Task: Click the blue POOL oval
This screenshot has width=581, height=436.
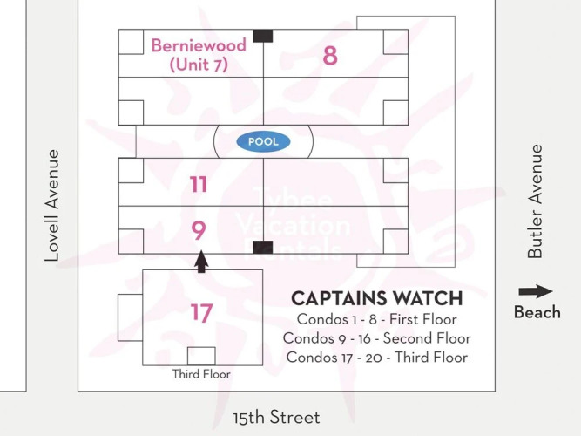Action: point(263,141)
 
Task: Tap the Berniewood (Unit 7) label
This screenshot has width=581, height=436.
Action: point(199,55)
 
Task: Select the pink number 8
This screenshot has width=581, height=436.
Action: point(330,56)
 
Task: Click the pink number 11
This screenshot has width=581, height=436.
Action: point(199,184)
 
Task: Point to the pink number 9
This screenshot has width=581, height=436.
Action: point(199,230)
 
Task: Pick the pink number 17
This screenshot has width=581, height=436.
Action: point(202,312)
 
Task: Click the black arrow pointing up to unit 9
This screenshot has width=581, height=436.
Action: point(201,262)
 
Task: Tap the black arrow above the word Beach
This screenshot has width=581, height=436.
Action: point(536,291)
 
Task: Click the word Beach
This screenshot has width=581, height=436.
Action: point(537,312)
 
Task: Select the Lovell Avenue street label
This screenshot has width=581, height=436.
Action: point(52,205)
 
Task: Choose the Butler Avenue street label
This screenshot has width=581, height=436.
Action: point(535,201)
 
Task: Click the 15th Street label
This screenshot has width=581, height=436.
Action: point(276,417)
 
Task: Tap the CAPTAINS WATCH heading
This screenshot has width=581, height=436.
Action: point(377,298)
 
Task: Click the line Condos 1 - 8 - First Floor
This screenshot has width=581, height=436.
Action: point(377,319)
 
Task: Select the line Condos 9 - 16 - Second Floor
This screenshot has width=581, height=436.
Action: point(377,338)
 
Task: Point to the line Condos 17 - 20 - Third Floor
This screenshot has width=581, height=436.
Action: point(377,357)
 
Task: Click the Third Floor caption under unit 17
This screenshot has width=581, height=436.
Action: point(201,374)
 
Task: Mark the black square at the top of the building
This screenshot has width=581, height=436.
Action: point(263,36)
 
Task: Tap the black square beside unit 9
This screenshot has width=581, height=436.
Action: point(263,247)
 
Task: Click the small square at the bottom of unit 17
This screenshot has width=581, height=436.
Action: point(201,357)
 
